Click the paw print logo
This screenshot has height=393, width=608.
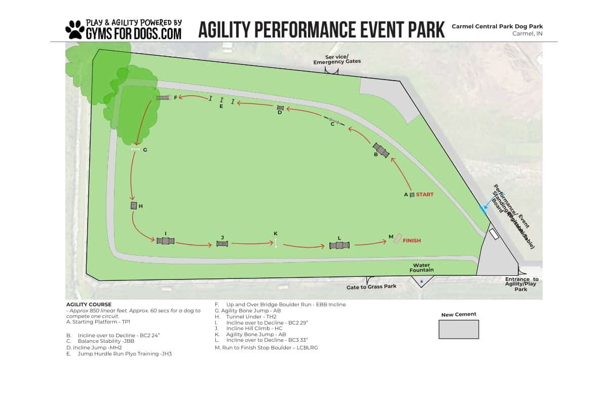coord(75,30)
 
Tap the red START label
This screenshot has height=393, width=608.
coord(425,194)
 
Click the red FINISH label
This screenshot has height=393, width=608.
coord(411,240)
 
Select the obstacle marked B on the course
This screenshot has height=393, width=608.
coord(381,150)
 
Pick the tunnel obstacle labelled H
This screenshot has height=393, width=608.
coord(134,205)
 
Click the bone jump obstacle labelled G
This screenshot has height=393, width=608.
coord(135,149)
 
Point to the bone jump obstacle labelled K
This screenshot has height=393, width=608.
coord(276,243)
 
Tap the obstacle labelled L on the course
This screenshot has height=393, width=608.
coord(339,245)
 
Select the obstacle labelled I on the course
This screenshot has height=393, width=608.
coord(166,241)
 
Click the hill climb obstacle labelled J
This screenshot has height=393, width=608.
coord(222,244)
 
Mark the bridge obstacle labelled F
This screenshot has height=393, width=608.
coord(163,97)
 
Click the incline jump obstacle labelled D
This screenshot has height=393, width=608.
coord(280,108)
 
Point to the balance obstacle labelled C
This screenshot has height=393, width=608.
coord(334,121)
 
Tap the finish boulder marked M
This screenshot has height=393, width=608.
coord(398,238)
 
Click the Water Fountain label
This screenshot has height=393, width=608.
coord(422,267)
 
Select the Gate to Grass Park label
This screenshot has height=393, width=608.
coord(371,287)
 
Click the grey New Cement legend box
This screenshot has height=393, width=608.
coord(459,329)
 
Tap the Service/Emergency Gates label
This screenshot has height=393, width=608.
coord(337,59)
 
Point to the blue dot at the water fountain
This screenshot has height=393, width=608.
coord(422,281)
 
